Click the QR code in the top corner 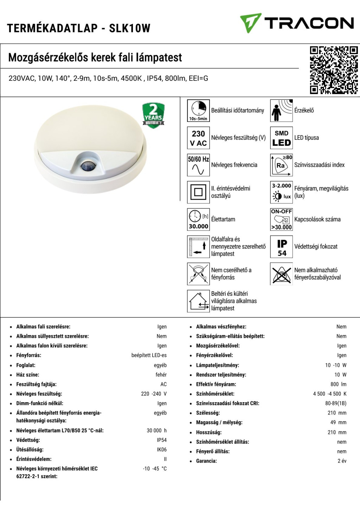coord(334,70)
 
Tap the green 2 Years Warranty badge coord(153,115)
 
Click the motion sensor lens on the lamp coord(85,166)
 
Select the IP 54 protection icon coord(282,247)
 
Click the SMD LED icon coord(282,138)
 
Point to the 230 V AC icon coord(198,138)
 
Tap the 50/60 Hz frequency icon coord(198,165)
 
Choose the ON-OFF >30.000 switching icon coord(282,220)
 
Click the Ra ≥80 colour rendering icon coord(282,165)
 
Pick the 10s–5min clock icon coord(198,111)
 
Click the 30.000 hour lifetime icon coord(198,220)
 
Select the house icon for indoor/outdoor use coord(198,301)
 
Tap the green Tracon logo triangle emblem coord(250,23)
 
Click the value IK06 coord(162,450)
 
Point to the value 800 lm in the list coord(338,384)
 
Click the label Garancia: coord(206,461)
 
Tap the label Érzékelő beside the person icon coord(304,111)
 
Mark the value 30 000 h coord(156,431)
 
